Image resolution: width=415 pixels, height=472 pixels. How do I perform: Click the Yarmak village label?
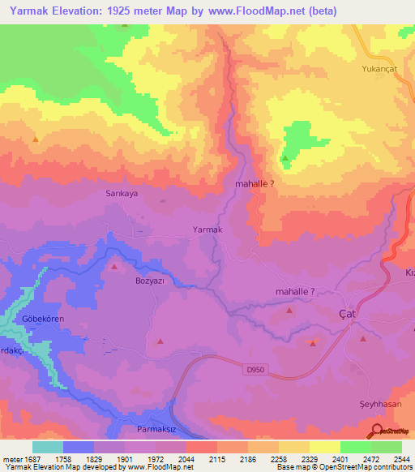[x=207, y=230]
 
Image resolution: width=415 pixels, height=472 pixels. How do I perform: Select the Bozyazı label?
[x=149, y=281]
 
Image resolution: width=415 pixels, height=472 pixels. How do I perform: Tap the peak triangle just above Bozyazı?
[x=114, y=266]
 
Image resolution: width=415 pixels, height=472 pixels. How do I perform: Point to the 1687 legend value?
[x=33, y=459]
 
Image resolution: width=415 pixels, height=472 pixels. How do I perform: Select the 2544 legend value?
[x=401, y=459]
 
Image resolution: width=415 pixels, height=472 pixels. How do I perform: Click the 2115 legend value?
[x=217, y=459]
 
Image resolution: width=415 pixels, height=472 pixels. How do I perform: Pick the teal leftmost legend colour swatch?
[x=48, y=447]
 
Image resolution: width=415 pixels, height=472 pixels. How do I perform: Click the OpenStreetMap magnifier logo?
[x=378, y=431]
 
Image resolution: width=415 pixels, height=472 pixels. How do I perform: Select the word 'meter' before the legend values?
[x=11, y=459]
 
